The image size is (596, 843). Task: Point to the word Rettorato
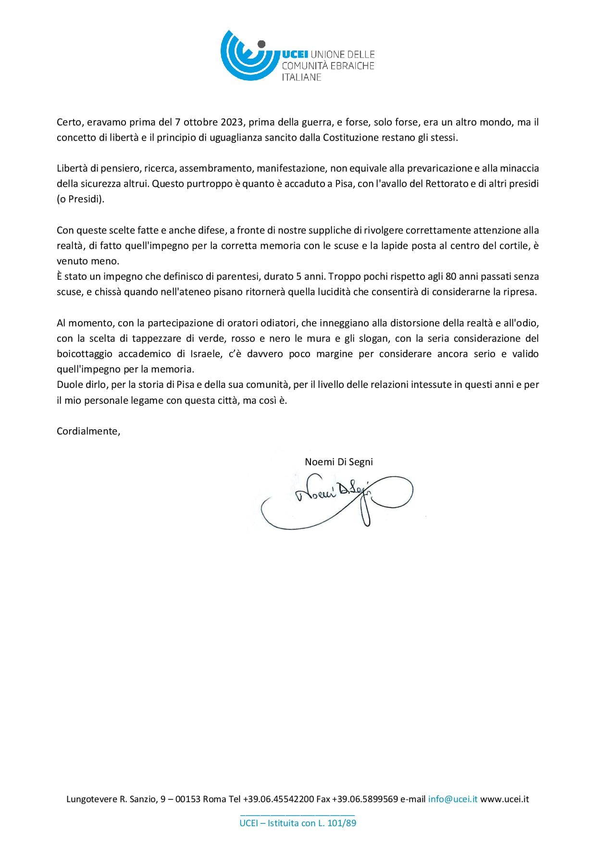pyautogui.click(x=447, y=184)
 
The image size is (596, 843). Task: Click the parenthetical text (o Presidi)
pyautogui.click(x=80, y=199)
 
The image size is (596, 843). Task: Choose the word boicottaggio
pyautogui.click(x=85, y=354)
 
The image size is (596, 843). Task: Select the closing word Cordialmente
pyautogui.click(x=88, y=431)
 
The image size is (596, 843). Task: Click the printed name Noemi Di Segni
pyautogui.click(x=339, y=462)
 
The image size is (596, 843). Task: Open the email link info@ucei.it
pyautogui.click(x=453, y=799)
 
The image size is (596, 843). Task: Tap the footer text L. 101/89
pyautogui.click(x=337, y=823)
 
